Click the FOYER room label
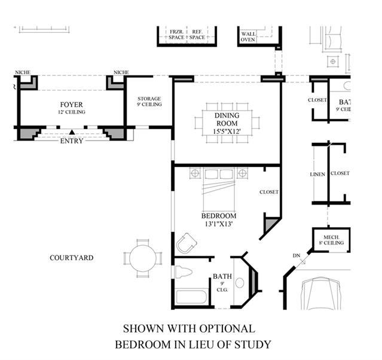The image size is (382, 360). coord(71,105)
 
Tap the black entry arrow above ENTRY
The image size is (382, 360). coord(72,132)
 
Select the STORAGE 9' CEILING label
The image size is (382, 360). coord(149,102)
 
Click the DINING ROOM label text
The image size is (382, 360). coord(227,119)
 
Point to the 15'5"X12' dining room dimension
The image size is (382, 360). coord(227,132)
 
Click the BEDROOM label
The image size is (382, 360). coord(219,216)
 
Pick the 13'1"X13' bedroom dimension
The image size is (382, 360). coord(219,224)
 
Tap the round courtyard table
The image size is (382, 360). coord(143,258)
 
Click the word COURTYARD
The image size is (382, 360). coord(71,258)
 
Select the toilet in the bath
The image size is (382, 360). coord(184,271)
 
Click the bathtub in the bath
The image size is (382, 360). coord(191,297)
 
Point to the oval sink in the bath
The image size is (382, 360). coord(240,283)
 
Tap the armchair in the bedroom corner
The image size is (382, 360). coord(187,243)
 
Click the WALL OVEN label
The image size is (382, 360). coord(248,37)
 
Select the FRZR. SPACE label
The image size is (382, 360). coord(176,35)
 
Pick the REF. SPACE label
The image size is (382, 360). coord(197,35)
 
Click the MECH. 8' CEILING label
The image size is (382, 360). coord(331,240)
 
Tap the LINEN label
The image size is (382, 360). coord(317,175)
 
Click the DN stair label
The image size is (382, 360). coord(297,256)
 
